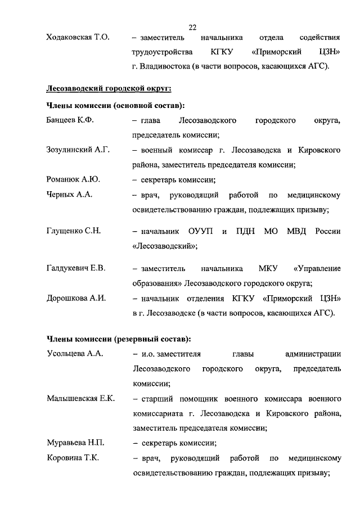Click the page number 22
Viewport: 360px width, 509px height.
coord(192,27)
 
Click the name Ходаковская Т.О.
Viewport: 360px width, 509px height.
coord(77,38)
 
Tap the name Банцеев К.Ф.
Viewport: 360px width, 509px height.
coord(69,120)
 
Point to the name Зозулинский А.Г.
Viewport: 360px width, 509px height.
coord(78,150)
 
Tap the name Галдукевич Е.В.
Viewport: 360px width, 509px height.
coord(76,268)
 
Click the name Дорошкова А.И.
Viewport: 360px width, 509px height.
coord(76,298)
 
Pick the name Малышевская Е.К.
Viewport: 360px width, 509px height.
coord(80,398)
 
